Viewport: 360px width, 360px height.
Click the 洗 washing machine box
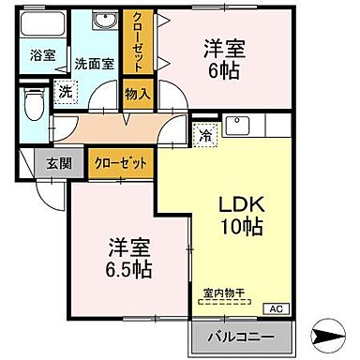[x=65, y=91]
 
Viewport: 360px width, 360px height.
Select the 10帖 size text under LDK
[x=240, y=228]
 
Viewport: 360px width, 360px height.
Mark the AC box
[x=276, y=307]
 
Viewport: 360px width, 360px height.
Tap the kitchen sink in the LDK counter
[x=238, y=125]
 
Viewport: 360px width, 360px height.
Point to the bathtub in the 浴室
[x=41, y=25]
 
